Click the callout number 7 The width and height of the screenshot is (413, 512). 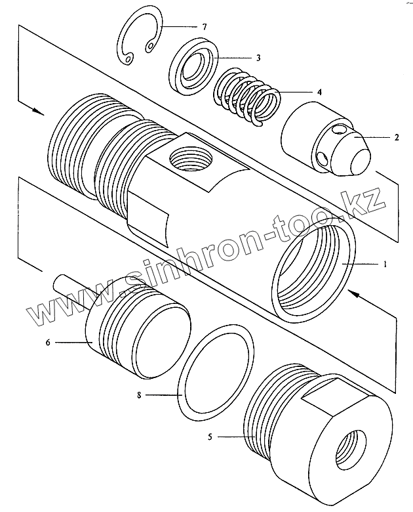click(x=205, y=26)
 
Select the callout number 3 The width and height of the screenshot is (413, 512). click(x=258, y=58)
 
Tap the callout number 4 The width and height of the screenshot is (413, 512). click(x=319, y=93)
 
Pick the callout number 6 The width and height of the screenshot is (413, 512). click(x=48, y=342)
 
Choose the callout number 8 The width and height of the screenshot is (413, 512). click(x=139, y=395)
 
